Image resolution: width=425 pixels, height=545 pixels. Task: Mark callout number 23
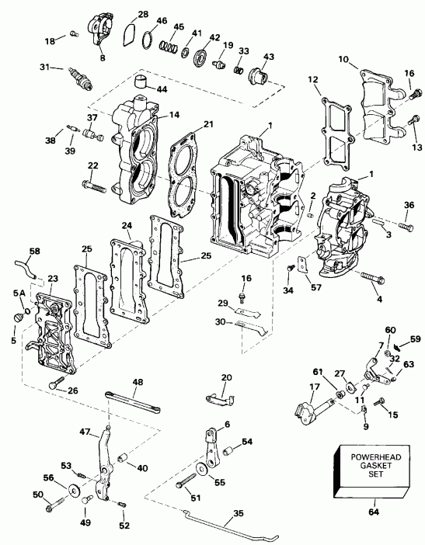pos(52,278)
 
